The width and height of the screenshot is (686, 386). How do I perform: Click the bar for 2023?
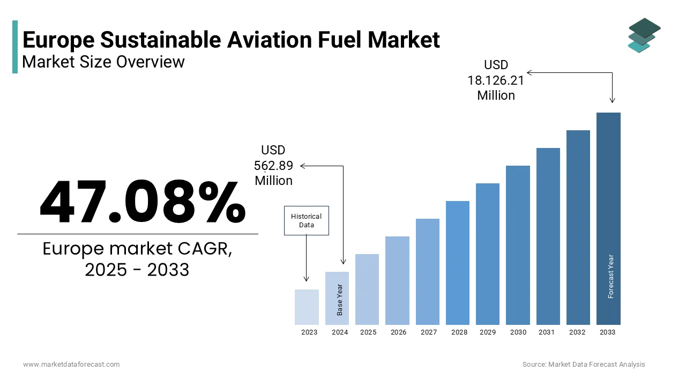coord(307,307)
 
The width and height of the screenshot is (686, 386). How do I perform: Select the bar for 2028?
coord(457,263)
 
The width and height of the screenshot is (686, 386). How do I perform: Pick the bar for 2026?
coord(397,280)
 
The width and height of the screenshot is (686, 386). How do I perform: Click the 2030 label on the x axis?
coord(518,332)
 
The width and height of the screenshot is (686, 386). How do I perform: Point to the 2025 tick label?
coord(368,332)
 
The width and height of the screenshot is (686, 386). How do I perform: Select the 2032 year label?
coord(577,332)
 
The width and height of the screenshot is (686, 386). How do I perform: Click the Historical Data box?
coord(306,220)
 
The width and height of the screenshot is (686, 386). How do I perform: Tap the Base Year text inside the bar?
coord(340,300)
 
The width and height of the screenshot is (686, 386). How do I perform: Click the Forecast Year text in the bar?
coord(610,276)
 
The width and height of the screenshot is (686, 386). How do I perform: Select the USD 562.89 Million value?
coord(273,165)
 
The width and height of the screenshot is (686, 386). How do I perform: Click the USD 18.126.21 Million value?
coord(496,80)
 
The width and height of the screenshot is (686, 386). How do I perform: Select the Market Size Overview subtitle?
coord(103,62)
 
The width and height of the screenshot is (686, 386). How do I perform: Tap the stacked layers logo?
coord(644,35)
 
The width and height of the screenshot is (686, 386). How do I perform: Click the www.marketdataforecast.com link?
coord(71,365)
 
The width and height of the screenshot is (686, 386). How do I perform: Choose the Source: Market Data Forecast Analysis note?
coord(584,365)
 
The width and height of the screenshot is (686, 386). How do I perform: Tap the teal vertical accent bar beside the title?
coord(15,47)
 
